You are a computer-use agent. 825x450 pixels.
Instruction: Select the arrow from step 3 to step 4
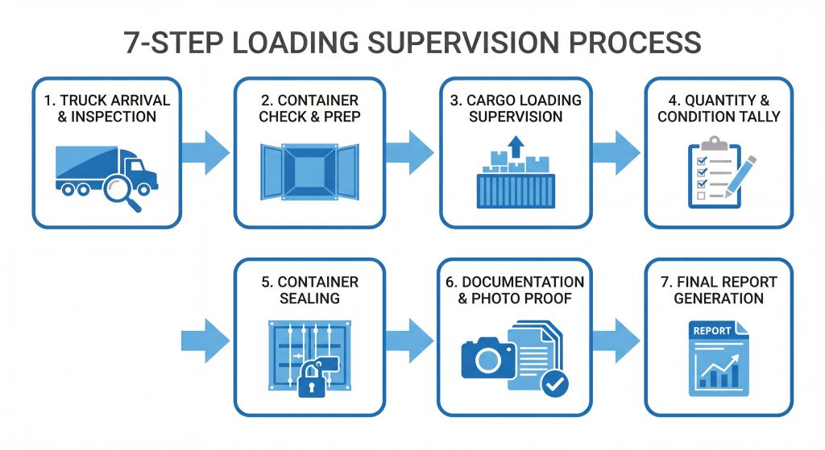(617, 150)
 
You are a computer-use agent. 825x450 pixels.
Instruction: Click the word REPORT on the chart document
(712, 331)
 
